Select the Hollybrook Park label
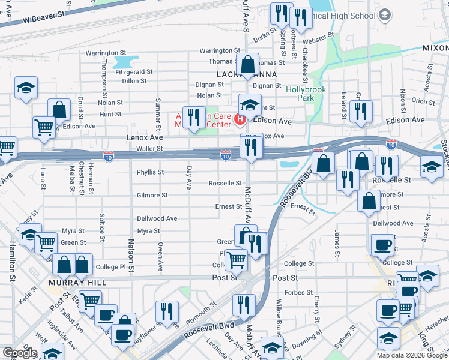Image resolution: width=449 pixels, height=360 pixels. pyautogui.click(x=300, y=93)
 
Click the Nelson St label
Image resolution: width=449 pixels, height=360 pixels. pyautogui.click(x=130, y=253)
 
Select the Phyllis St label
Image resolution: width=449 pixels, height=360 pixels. pyautogui.click(x=150, y=172)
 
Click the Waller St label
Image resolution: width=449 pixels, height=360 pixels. pyautogui.click(x=149, y=148)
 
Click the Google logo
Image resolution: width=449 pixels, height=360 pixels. pyautogui.click(x=20, y=353)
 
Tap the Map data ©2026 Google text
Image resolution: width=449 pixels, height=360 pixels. pyautogui.click(x=412, y=355)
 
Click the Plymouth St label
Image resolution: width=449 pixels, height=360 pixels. pyautogui.click(x=200, y=314)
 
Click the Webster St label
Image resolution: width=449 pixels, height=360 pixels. pyautogui.click(x=318, y=41)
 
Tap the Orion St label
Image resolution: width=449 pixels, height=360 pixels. pyautogui.click(x=423, y=101)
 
